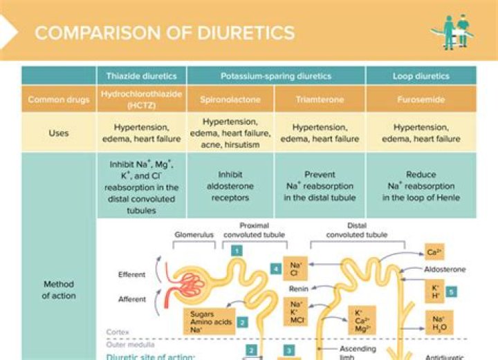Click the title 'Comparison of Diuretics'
click(165, 32)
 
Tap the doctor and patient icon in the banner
click(452, 31)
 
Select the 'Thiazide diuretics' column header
click(141, 76)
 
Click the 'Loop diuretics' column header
click(421, 76)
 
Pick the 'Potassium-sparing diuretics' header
click(275, 76)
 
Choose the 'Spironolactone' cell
click(230, 100)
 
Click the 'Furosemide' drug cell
click(421, 100)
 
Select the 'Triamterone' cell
click(320, 100)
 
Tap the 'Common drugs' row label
click(59, 100)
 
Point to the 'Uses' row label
click(59, 133)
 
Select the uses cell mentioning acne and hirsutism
click(230, 133)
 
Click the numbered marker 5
click(451, 292)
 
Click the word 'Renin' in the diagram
click(299, 289)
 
